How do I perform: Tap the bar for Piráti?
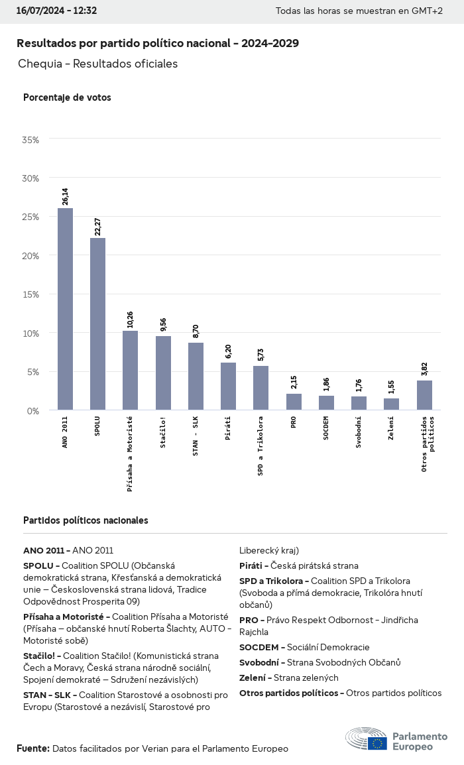pyautogui.click(x=228, y=386)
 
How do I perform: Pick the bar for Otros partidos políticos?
pyautogui.click(x=424, y=395)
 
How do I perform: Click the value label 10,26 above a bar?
pyautogui.click(x=130, y=320)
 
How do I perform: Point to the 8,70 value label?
pyautogui.click(x=196, y=331)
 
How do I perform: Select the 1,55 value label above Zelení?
pyautogui.click(x=391, y=387)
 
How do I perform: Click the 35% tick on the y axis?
pyautogui.click(x=30, y=140)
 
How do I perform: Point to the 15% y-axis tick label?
pyautogui.click(x=30, y=294)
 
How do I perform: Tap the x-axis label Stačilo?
pyautogui.click(x=163, y=432)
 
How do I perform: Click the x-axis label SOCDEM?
pyautogui.click(x=325, y=431)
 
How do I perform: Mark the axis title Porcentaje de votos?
pyautogui.click(x=67, y=97)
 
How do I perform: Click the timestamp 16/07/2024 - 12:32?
pyautogui.click(x=56, y=11)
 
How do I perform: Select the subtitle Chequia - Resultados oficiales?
pyautogui.click(x=97, y=64)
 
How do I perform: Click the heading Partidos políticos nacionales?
pyautogui.click(x=86, y=520)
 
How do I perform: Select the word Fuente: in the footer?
pyautogui.click(x=32, y=748)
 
